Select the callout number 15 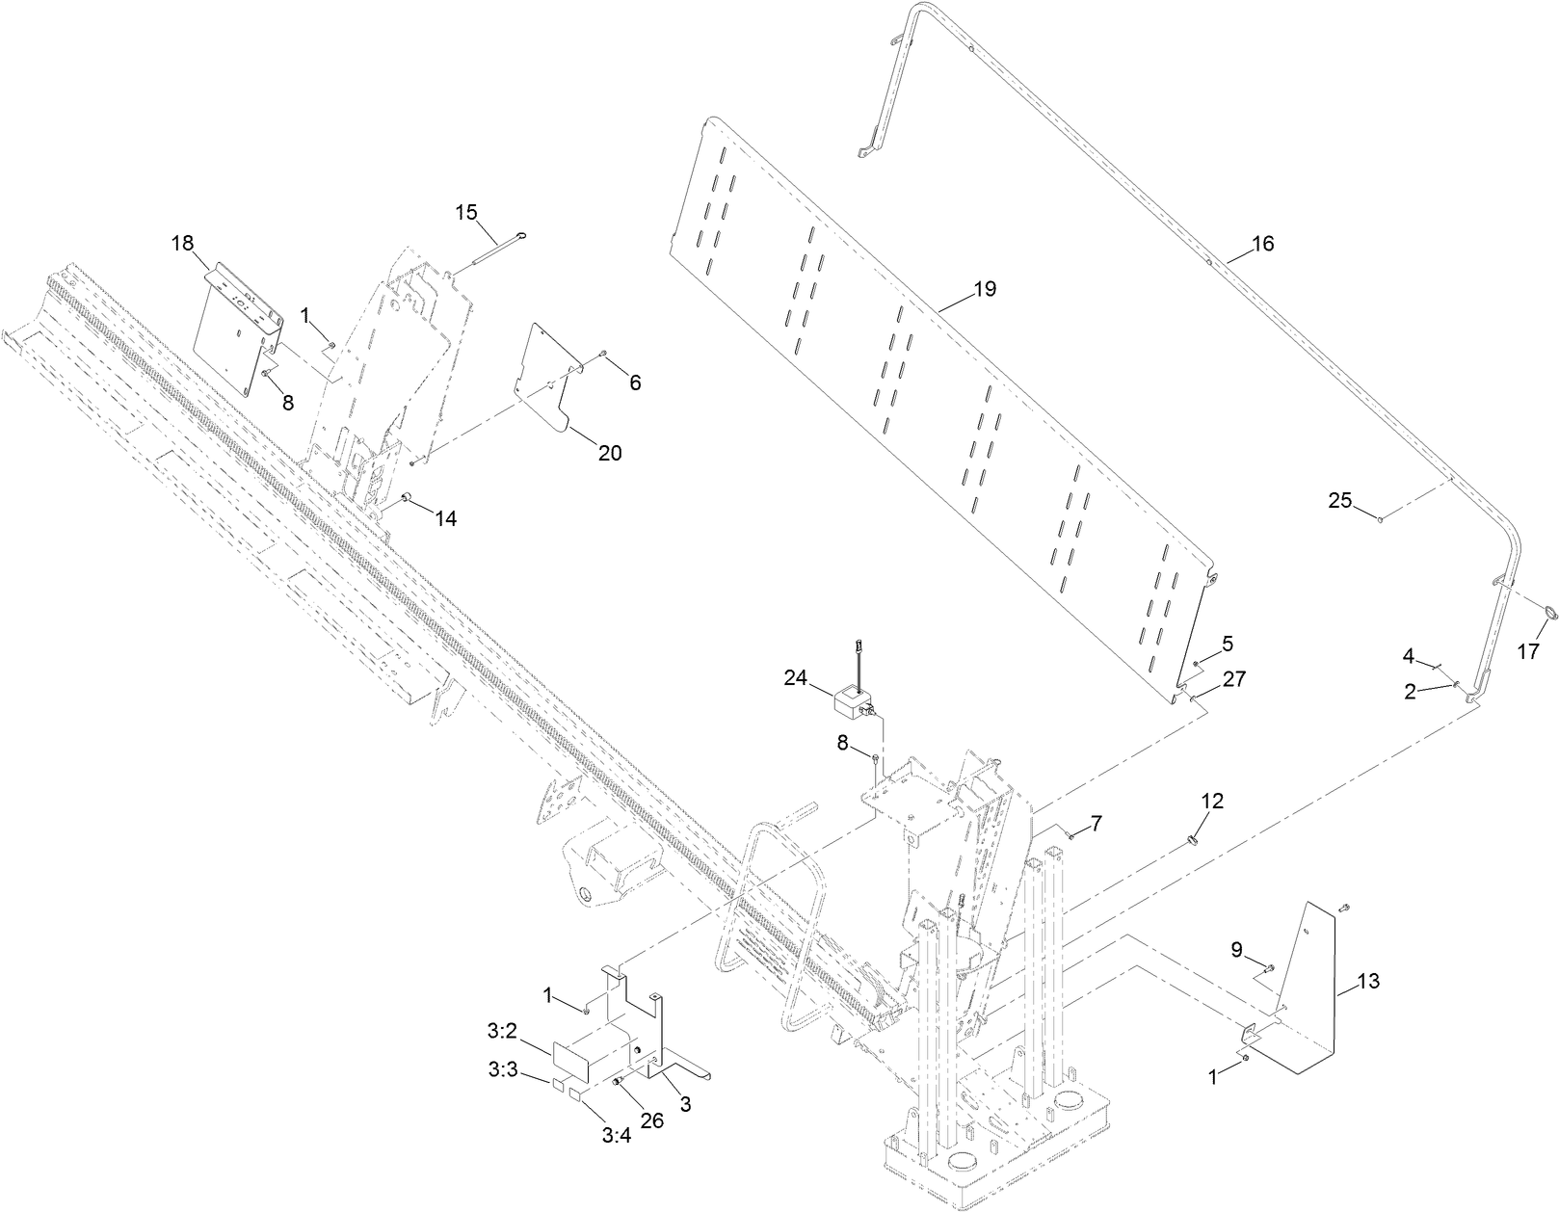coord(466,212)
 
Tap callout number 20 coord(610,453)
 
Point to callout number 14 coord(444,518)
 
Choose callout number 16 coord(1262,244)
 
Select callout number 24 coord(795,677)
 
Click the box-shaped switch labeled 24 coord(853,700)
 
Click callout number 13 coord(1368,982)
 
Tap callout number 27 coord(1234,678)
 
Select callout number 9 coord(1236,949)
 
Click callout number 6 coord(634,382)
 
